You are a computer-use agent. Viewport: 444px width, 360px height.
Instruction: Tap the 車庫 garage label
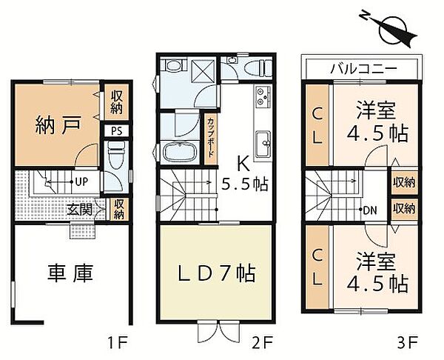[71, 274]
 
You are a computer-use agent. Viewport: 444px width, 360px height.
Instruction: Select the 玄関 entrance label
[81, 210]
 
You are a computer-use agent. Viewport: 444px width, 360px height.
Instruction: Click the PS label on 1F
[116, 131]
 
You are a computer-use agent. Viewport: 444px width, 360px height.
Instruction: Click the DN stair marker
[369, 209]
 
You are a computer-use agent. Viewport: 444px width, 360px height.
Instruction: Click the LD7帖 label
[217, 273]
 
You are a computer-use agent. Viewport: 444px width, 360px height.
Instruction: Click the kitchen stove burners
[263, 96]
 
